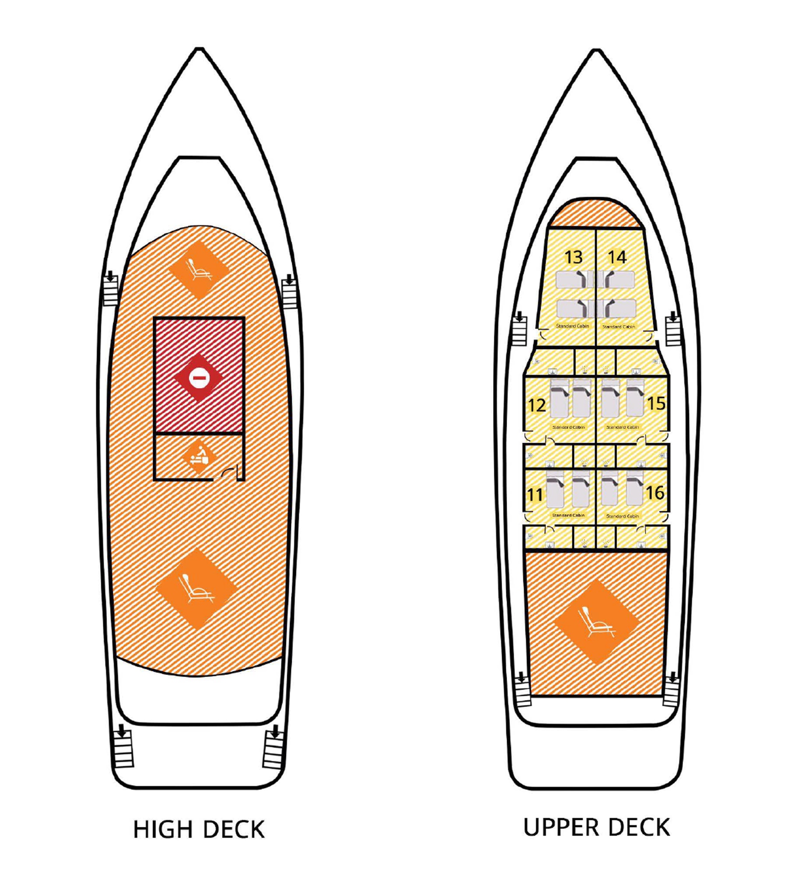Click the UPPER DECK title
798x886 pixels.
coord(596,827)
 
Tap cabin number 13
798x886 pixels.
coord(574,257)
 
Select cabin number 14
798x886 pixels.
coord(617,257)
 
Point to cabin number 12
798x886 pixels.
coord(537,405)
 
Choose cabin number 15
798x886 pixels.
coord(656,403)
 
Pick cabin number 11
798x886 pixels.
coord(535,495)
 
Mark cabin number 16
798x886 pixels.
coord(655,493)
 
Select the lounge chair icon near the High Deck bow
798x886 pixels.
coord(199,270)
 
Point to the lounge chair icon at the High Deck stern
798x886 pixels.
coord(197,589)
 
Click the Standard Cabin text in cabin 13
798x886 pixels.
coord(572,326)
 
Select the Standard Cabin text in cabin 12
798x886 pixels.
coord(568,427)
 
